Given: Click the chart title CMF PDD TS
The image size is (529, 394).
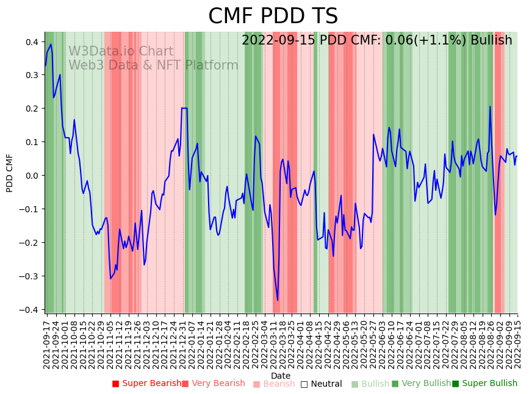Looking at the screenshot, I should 273,16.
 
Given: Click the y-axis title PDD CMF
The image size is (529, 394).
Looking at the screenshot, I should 10,173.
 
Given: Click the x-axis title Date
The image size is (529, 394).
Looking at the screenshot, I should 281,376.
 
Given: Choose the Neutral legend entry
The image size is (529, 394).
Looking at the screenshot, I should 326,384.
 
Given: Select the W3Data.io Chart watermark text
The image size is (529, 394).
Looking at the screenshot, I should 121,51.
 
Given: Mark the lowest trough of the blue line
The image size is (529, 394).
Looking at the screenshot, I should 278,300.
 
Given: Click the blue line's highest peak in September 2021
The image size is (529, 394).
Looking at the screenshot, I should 51,44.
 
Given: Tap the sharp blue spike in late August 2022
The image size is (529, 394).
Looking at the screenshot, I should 490,107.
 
